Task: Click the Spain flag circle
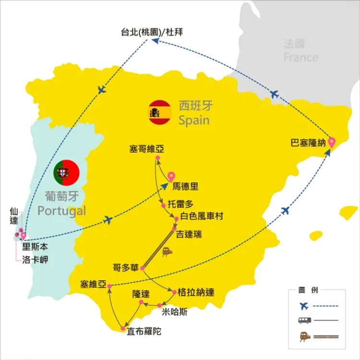click(160, 112)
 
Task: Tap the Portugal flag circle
click(67, 172)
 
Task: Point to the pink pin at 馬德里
click(171, 177)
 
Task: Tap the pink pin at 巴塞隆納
click(331, 143)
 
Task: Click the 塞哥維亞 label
click(146, 149)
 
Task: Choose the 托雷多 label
click(180, 203)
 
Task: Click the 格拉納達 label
click(196, 292)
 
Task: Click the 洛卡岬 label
click(35, 260)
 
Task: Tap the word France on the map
click(300, 58)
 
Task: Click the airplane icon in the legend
click(303, 306)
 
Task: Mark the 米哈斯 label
click(175, 312)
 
